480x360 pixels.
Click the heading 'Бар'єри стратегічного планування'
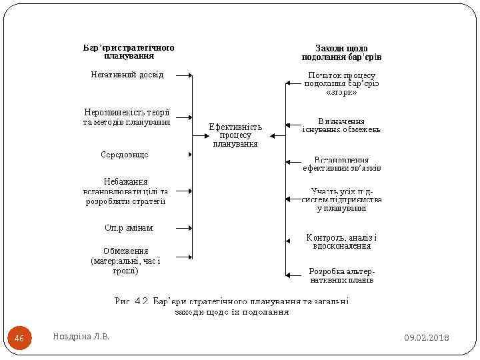pyautogui.click(x=129, y=51)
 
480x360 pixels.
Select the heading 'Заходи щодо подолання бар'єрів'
pyautogui.click(x=341, y=53)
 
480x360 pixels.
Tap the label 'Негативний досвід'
pyautogui.click(x=127, y=75)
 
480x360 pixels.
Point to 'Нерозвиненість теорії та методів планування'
pyautogui.click(x=127, y=117)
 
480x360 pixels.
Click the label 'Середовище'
pyautogui.click(x=125, y=155)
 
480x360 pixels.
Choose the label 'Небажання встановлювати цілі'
pyautogui.click(x=125, y=191)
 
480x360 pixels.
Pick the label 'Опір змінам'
pyautogui.click(x=129, y=227)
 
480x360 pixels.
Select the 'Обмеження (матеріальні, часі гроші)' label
pyautogui.click(x=125, y=261)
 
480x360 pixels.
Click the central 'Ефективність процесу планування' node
pyautogui.click(x=235, y=135)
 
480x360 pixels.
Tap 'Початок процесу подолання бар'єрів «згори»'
pyautogui.click(x=341, y=84)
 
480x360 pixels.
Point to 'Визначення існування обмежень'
pyautogui.click(x=341, y=125)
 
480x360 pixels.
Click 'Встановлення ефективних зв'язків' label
pyautogui.click(x=341, y=164)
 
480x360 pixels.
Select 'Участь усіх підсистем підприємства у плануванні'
pyautogui.click(x=341, y=199)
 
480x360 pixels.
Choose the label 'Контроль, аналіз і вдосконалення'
pyautogui.click(x=341, y=241)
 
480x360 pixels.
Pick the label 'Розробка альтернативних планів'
pyautogui.click(x=341, y=275)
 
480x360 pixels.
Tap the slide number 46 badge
pyautogui.click(x=19, y=339)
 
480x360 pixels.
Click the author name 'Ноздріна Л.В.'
pyautogui.click(x=81, y=337)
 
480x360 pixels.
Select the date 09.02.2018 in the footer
pyautogui.click(x=427, y=339)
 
